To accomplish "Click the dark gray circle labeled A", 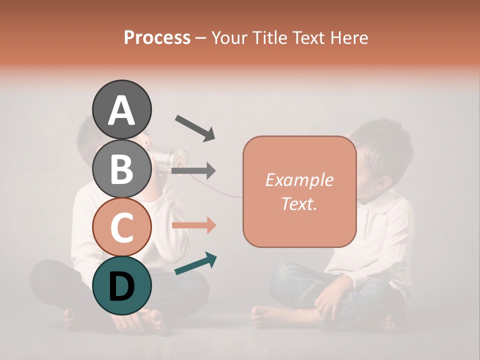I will click(x=121, y=109).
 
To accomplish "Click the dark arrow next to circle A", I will click(x=195, y=127).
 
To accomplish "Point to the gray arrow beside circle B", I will click(x=193, y=171).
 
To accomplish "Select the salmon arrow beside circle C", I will click(x=193, y=225).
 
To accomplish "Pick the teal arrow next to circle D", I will click(x=195, y=263).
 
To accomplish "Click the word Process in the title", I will click(x=157, y=38).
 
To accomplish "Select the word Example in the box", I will click(x=299, y=180).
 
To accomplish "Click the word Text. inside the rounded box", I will click(x=299, y=203).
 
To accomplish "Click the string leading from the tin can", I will click(x=220, y=193).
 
